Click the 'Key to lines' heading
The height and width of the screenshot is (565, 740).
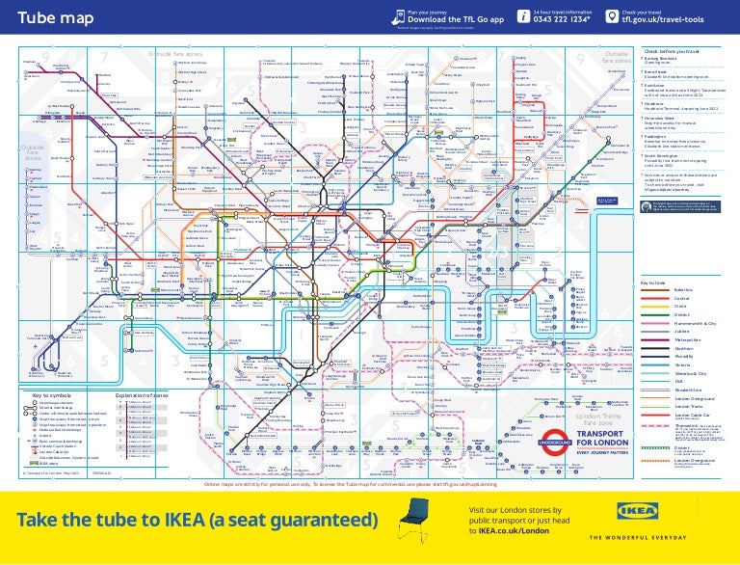(x=653, y=282)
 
